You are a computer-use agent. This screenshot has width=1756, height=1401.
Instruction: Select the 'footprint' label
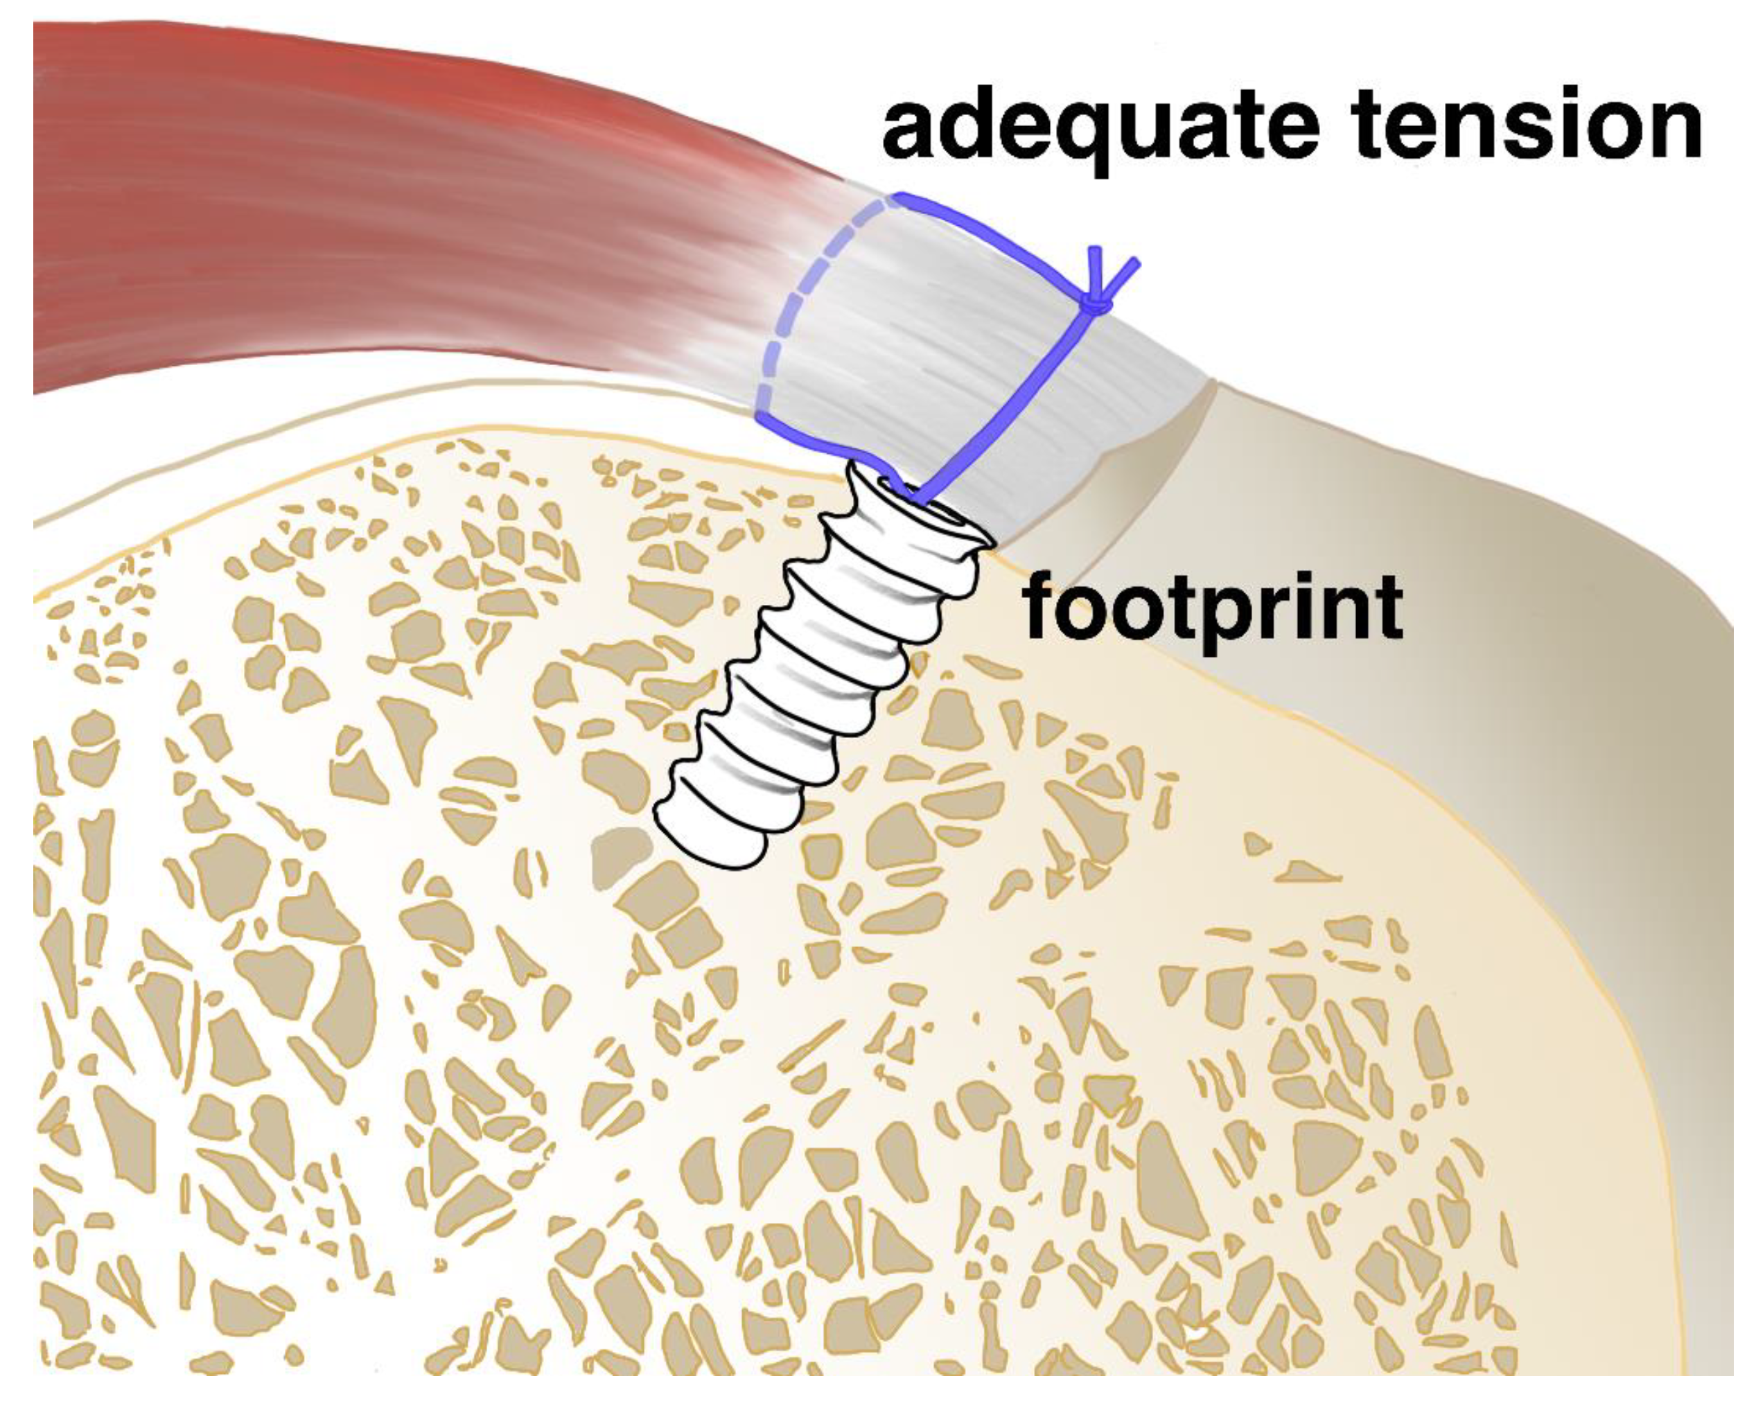1213,607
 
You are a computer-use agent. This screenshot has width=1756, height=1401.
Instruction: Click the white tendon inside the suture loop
920,342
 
